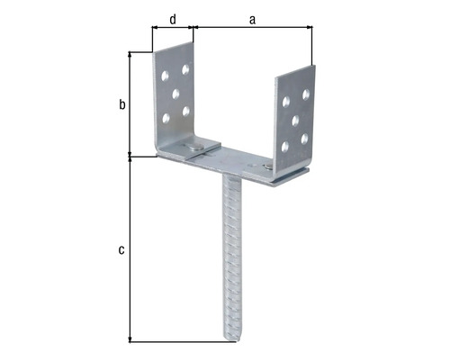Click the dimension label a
click(252, 16)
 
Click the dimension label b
click(122, 104)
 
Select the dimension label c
click(121, 249)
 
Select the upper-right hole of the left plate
click(186, 68)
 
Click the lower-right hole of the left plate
click(186, 111)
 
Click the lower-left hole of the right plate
click(285, 145)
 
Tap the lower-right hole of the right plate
click(306, 137)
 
